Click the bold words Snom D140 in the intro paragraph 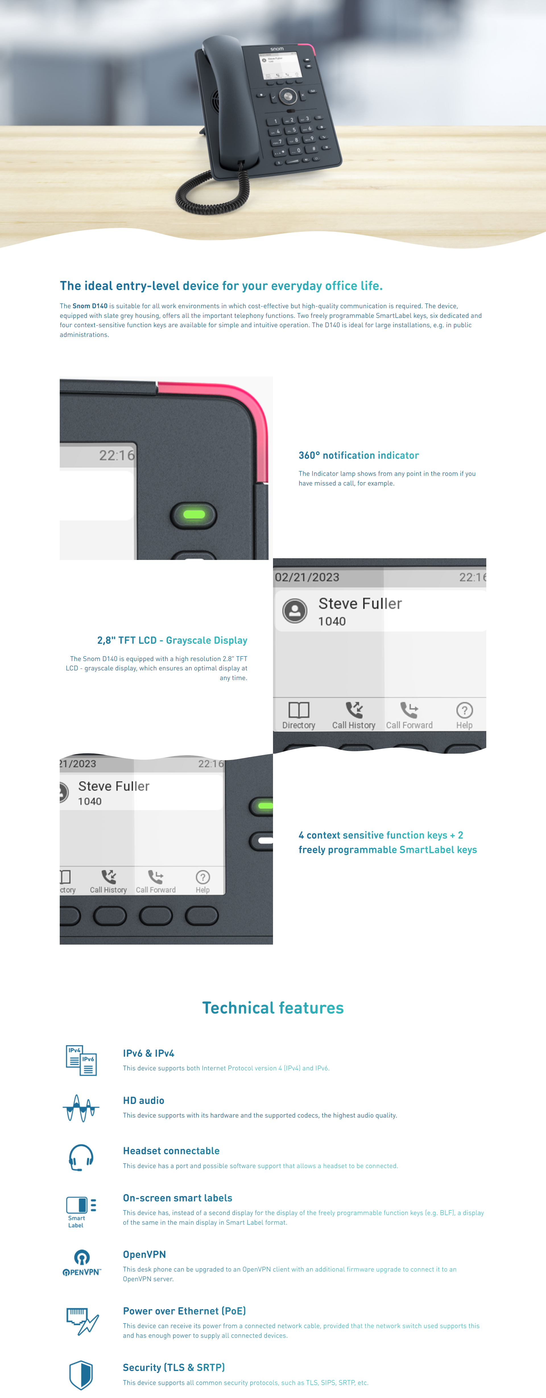click(x=90, y=306)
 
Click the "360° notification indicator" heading click(x=359, y=455)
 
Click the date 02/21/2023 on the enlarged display click(x=307, y=578)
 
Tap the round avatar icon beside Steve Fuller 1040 click(x=295, y=611)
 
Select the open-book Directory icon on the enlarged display click(x=299, y=710)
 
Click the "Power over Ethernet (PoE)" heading click(x=184, y=1311)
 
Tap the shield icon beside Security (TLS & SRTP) click(x=81, y=1375)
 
